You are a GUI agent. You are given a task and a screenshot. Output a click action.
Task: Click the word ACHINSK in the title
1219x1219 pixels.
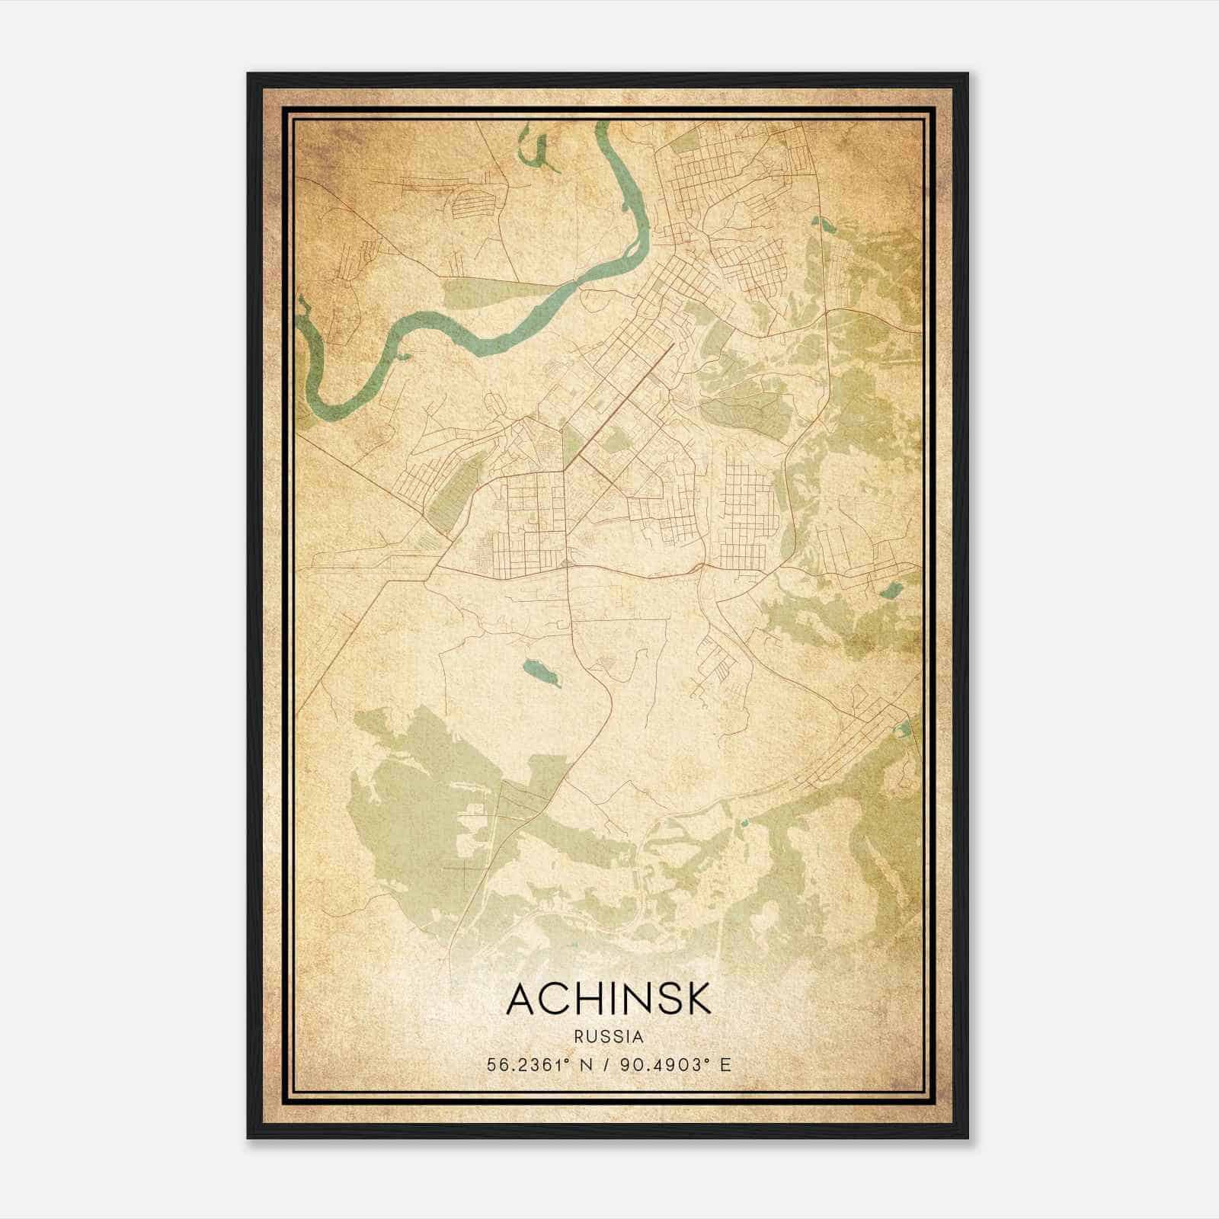(x=609, y=999)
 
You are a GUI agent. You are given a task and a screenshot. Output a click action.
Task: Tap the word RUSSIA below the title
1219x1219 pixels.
(x=609, y=1037)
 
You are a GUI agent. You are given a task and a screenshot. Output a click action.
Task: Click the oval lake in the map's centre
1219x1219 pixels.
(x=542, y=672)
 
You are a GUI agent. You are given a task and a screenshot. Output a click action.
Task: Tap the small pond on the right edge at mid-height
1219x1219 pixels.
(x=891, y=589)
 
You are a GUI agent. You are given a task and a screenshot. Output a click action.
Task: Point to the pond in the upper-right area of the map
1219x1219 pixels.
(x=824, y=224)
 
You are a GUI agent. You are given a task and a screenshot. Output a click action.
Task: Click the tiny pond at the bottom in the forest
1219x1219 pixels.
(x=744, y=822)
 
